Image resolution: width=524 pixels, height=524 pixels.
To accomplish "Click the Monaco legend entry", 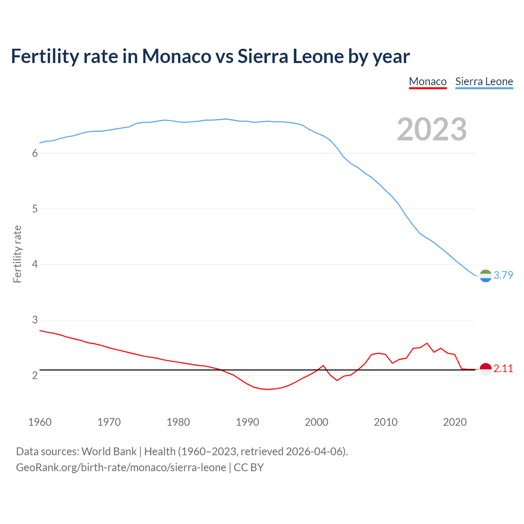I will click(427, 81).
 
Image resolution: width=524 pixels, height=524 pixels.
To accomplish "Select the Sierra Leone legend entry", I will click(484, 81).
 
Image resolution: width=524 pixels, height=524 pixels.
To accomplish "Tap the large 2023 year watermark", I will click(432, 129).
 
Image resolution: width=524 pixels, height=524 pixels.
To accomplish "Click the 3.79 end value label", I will click(503, 275).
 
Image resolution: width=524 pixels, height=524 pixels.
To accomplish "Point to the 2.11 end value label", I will click(503, 368).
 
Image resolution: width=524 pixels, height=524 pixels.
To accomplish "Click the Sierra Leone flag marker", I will click(486, 276).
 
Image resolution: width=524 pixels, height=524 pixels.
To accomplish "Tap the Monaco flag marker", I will click(486, 369).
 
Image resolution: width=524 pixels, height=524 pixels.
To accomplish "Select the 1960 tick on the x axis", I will click(40, 422).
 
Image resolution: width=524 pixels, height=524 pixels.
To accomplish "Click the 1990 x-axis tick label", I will click(247, 422).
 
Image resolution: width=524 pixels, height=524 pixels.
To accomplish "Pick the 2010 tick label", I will click(386, 422).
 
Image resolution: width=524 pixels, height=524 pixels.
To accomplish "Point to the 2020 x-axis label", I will click(455, 422).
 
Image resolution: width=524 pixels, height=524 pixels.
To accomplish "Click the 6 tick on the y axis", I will click(35, 154).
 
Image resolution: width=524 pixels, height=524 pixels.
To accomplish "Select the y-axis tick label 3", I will click(35, 320).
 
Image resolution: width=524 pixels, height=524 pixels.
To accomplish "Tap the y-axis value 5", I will click(35, 209).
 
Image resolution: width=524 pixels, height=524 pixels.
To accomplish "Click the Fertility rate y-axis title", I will click(17, 254).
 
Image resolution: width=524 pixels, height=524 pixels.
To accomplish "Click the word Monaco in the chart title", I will click(176, 56).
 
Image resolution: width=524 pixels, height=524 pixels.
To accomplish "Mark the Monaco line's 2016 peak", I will click(427, 343).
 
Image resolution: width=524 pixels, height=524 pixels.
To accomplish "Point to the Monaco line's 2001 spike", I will click(323, 365).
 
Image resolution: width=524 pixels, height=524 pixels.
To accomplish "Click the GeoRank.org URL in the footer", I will click(121, 468).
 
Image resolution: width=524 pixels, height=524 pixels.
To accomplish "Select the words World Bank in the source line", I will click(109, 452).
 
